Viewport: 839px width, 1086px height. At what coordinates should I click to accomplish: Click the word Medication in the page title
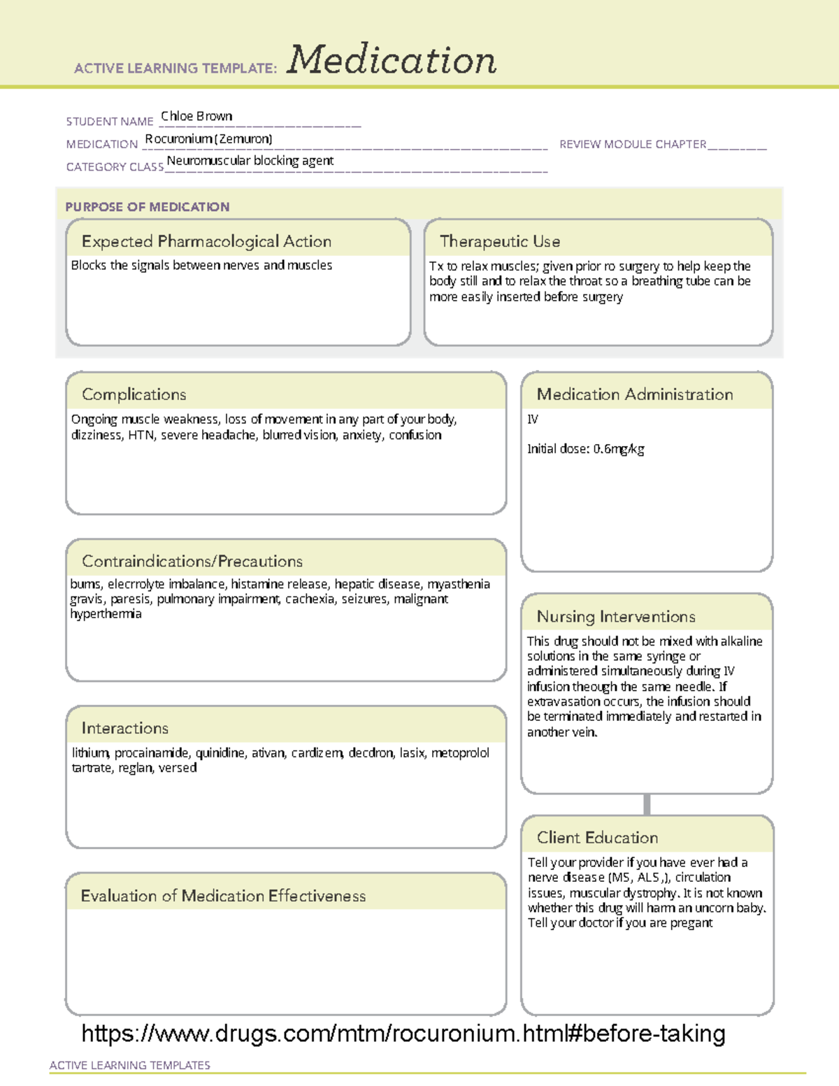[392, 60]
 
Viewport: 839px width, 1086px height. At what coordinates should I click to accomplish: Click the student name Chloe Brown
[196, 116]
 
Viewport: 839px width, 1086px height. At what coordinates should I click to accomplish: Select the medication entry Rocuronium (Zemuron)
[208, 138]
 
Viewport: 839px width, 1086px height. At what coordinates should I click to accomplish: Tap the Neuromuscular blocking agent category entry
[250, 161]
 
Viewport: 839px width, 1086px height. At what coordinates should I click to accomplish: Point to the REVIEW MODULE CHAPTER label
[633, 144]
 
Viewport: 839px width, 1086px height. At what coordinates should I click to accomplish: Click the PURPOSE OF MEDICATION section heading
[148, 207]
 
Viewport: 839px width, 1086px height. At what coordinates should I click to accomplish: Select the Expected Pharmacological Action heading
[206, 241]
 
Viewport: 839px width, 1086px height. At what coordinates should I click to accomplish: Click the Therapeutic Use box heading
[500, 241]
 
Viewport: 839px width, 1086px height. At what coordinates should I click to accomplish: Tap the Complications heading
[134, 394]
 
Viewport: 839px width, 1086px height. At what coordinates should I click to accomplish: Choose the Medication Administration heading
[635, 394]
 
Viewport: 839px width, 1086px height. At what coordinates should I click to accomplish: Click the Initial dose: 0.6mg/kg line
[586, 449]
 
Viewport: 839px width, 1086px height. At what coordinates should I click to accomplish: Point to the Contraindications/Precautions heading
[192, 561]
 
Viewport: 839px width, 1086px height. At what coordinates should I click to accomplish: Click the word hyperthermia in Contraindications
[106, 614]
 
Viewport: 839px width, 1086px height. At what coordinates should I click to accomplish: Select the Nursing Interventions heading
[616, 617]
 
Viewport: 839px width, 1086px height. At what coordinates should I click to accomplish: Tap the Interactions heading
[125, 728]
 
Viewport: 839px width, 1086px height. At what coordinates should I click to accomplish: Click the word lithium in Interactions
[90, 752]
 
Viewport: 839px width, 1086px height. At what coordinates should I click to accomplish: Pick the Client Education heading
[597, 838]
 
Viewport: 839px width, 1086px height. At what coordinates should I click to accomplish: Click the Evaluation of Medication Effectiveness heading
[223, 896]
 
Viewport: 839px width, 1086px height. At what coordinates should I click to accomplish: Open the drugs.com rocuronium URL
[403, 1033]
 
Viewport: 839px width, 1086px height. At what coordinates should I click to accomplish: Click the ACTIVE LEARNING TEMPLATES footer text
[130, 1065]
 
